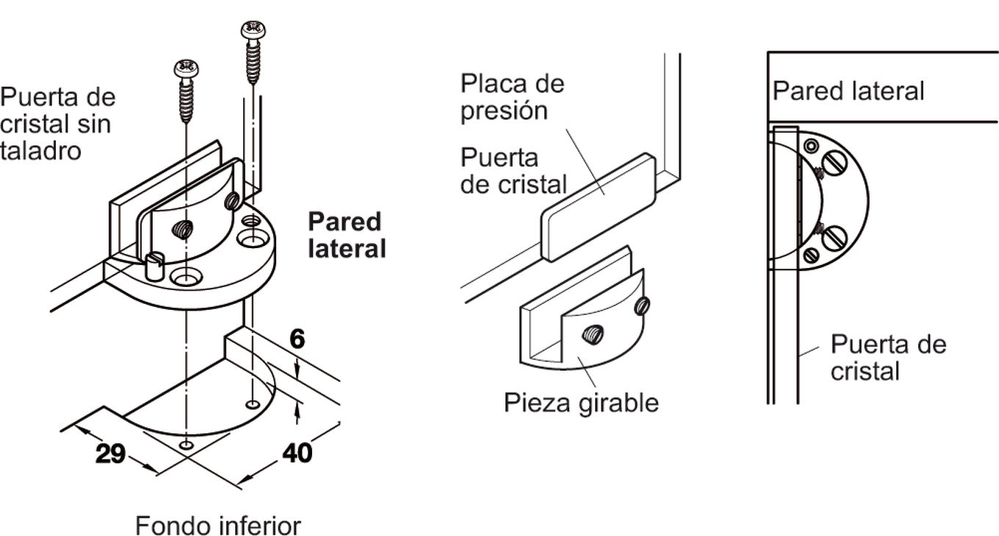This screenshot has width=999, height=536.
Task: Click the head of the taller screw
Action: point(253,30)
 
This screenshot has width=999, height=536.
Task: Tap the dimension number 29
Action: point(110,454)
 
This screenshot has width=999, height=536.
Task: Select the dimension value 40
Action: point(297,452)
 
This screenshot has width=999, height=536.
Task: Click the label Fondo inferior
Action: point(218,526)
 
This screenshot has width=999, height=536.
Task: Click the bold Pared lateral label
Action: point(346,235)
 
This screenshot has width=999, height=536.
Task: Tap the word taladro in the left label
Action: point(40,151)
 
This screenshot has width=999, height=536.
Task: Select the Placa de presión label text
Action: point(512,97)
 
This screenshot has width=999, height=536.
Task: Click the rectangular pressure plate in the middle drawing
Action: point(599,207)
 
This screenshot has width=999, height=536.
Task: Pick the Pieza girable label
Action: point(581,402)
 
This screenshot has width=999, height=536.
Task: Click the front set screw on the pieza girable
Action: point(592,336)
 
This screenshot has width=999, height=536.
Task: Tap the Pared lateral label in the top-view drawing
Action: point(848,91)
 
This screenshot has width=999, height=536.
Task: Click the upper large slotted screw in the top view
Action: point(834,162)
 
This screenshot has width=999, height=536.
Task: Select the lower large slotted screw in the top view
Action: point(834,237)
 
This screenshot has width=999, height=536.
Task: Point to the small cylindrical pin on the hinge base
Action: point(154,265)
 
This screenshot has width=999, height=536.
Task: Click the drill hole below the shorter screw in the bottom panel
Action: point(187,445)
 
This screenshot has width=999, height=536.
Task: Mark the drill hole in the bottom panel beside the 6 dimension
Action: point(253,405)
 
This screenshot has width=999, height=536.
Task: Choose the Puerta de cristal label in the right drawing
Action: point(888,357)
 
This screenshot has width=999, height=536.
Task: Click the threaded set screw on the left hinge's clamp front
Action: point(181,230)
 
